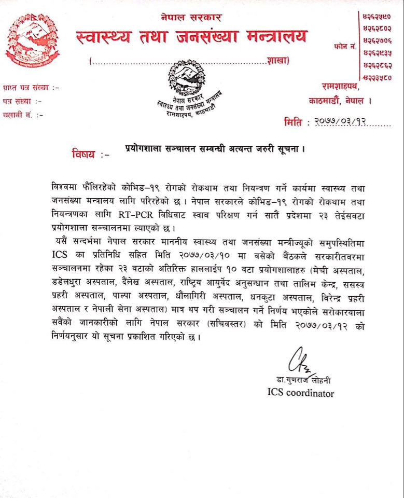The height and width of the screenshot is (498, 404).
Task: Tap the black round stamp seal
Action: (187, 78)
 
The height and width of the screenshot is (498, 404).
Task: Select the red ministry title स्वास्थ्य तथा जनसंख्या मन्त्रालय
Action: (191, 37)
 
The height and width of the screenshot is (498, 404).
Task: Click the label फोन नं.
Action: (345, 47)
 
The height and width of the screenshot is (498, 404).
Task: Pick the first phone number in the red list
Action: (378, 17)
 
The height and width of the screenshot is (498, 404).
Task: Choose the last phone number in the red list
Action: (378, 78)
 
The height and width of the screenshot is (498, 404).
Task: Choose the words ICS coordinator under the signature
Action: (297, 393)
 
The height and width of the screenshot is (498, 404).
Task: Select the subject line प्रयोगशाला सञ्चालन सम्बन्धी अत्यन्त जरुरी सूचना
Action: (214, 149)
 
